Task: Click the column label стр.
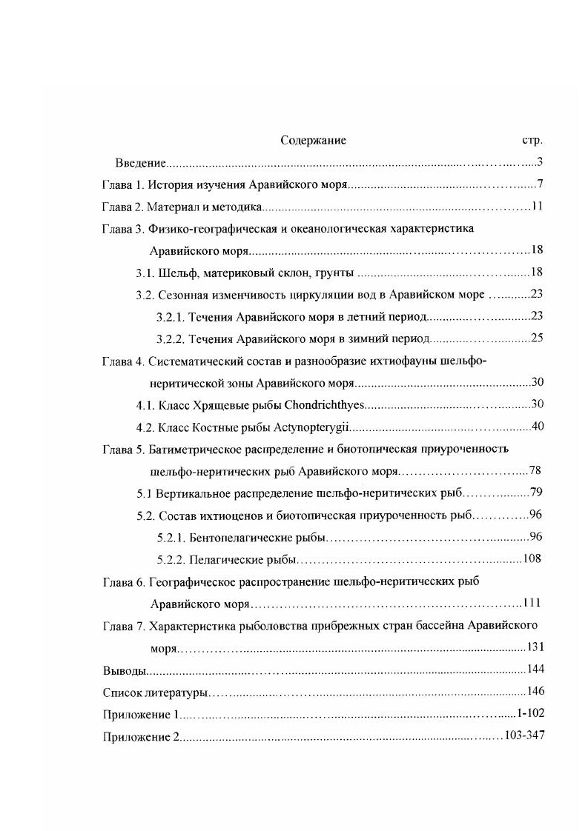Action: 532,140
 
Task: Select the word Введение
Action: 140,162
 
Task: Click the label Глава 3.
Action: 122,229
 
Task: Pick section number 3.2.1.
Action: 171,317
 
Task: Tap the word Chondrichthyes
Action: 327,405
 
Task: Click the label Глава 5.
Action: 122,449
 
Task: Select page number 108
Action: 532,559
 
